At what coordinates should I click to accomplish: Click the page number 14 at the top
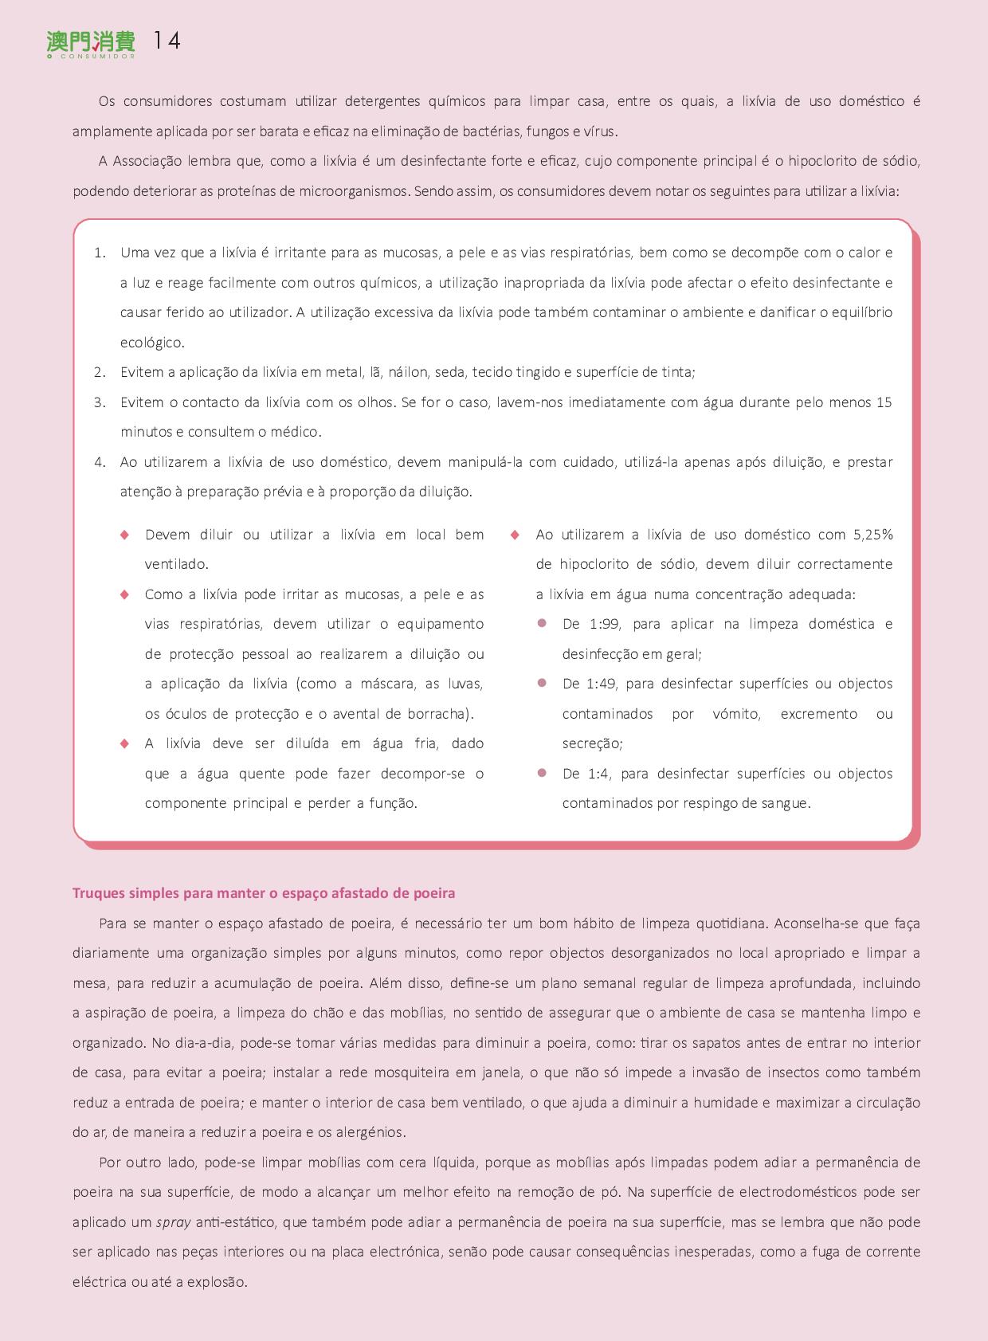(x=167, y=41)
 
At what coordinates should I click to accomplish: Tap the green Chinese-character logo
(x=91, y=42)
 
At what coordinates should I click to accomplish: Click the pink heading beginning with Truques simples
(x=264, y=893)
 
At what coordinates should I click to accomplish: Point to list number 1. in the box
(x=100, y=253)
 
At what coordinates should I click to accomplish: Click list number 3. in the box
(x=100, y=402)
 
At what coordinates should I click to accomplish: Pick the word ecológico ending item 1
(x=151, y=343)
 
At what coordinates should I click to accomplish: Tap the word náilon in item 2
(x=407, y=372)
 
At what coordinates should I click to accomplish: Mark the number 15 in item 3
(x=884, y=402)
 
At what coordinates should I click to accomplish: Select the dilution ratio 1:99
(x=604, y=624)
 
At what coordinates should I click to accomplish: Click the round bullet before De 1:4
(x=542, y=773)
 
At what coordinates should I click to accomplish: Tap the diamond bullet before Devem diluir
(x=124, y=535)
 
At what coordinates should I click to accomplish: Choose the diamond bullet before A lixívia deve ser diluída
(x=124, y=743)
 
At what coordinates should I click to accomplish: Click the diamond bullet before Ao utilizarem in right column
(x=515, y=535)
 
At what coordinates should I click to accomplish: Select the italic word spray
(x=173, y=1222)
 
